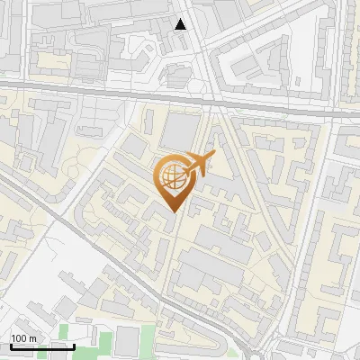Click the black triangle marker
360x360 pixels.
181,24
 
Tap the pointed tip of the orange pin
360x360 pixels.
172,211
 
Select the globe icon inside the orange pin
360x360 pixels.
172,177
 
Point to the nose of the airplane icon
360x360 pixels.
213,155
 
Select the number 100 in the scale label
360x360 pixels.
19,338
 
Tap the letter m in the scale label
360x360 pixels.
32,338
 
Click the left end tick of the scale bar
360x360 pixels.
11,346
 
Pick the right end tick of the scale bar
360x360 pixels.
74,346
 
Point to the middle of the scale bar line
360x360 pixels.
42,347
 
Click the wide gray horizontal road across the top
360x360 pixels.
108,90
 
